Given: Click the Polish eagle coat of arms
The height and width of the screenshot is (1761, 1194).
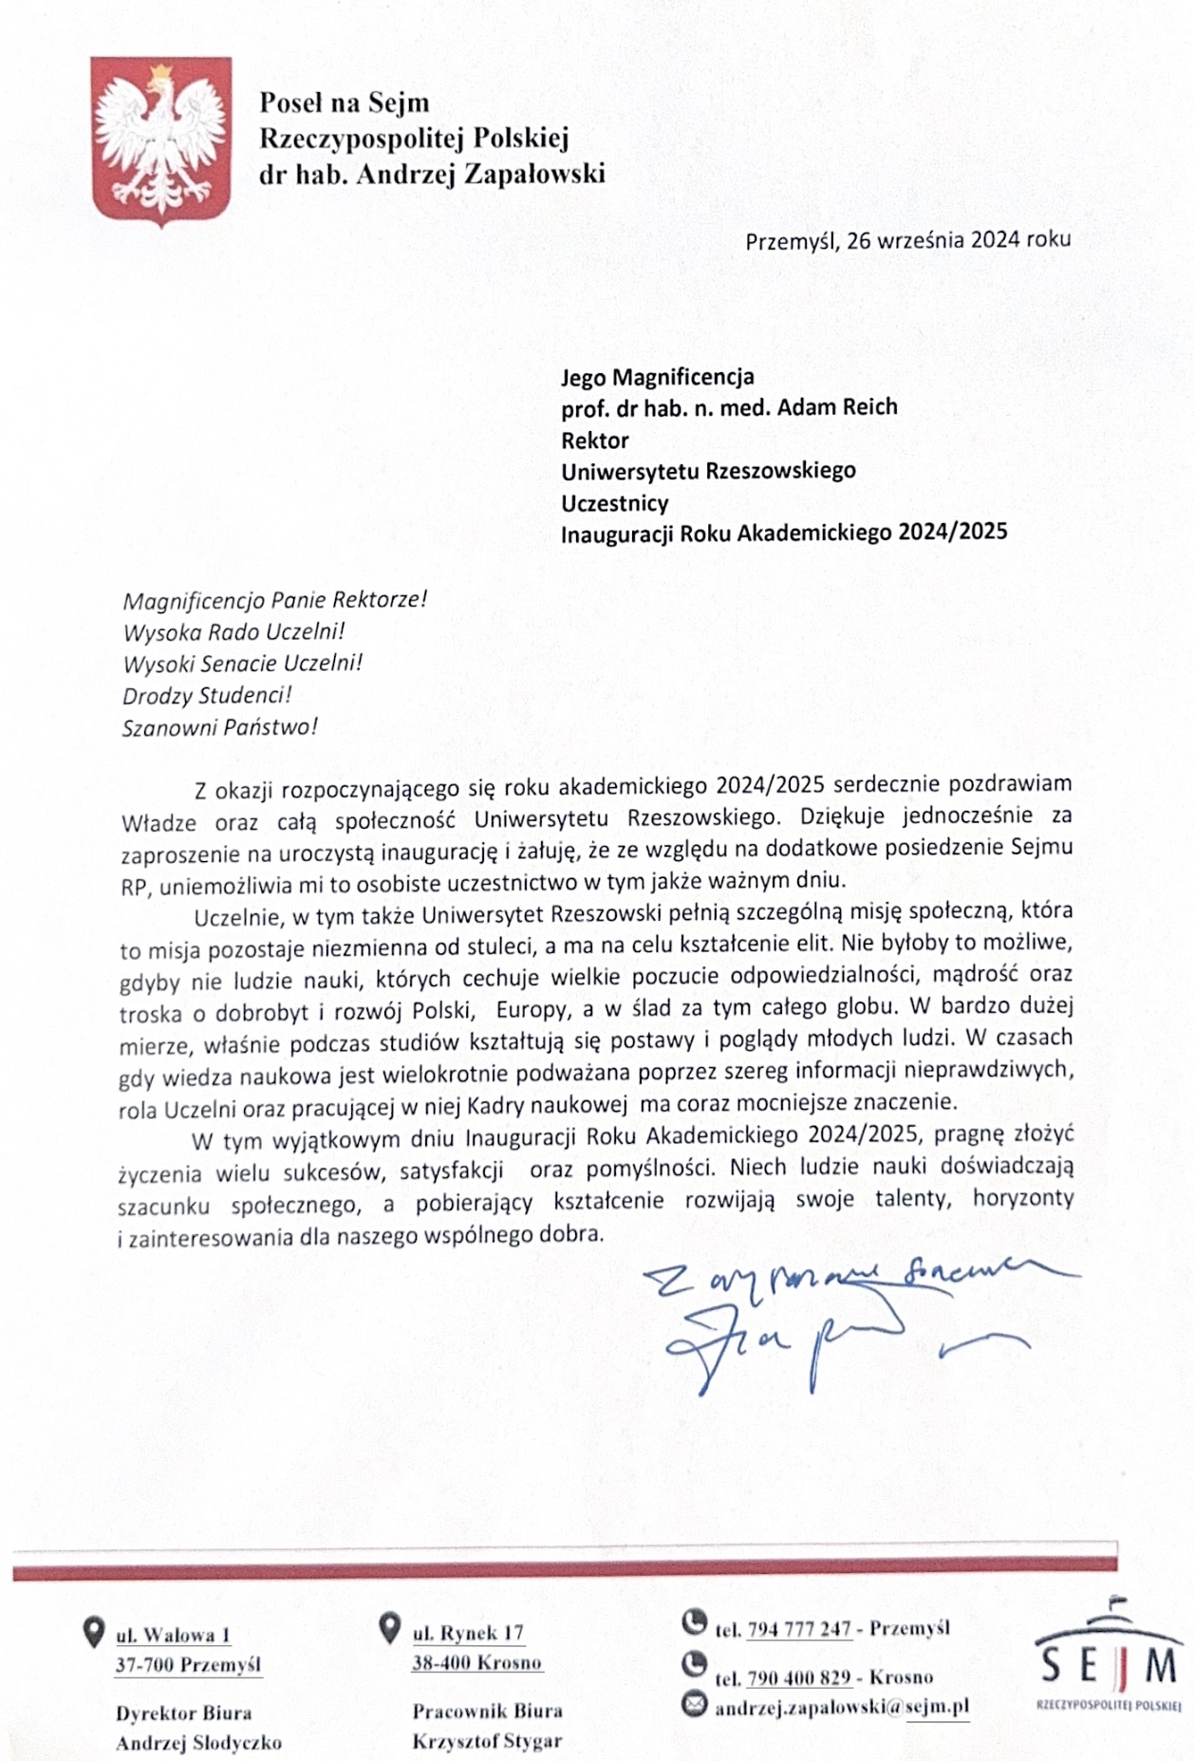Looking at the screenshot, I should pyautogui.click(x=160, y=141).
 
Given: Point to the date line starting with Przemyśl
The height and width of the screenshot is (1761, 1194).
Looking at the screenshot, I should pyautogui.click(x=907, y=239).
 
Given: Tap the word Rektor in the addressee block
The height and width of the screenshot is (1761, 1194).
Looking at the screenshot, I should pyautogui.click(x=595, y=440).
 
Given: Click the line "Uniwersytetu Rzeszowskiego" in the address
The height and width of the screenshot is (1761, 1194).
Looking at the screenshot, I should pyautogui.click(x=708, y=471).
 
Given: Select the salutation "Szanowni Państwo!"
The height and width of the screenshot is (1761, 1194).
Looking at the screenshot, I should pyautogui.click(x=219, y=728).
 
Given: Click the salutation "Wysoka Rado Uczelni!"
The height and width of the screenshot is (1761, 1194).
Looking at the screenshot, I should pyautogui.click(x=233, y=631).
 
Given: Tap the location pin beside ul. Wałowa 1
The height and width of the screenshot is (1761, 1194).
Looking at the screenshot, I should pyautogui.click(x=93, y=1633).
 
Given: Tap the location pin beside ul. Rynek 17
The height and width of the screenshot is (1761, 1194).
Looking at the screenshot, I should pyautogui.click(x=389, y=1628).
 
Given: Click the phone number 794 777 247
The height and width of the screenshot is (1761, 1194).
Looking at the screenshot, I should pyautogui.click(x=799, y=1629).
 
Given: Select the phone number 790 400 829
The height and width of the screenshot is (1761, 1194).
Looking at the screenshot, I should pyautogui.click(x=799, y=1677).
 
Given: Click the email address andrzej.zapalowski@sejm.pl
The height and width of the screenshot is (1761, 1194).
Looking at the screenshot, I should pyautogui.click(x=841, y=1707).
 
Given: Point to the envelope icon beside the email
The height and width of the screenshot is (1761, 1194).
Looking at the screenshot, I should pyautogui.click(x=695, y=1705).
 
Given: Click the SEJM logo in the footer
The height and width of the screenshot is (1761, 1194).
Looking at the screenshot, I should pyautogui.click(x=1109, y=1657).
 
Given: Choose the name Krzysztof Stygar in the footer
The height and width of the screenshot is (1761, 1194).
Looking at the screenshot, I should pyautogui.click(x=487, y=1741).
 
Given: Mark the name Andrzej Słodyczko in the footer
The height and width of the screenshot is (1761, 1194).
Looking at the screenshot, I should pyautogui.click(x=198, y=1743).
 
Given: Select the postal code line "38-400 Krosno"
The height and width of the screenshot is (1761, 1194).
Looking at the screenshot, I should pyautogui.click(x=476, y=1662).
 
